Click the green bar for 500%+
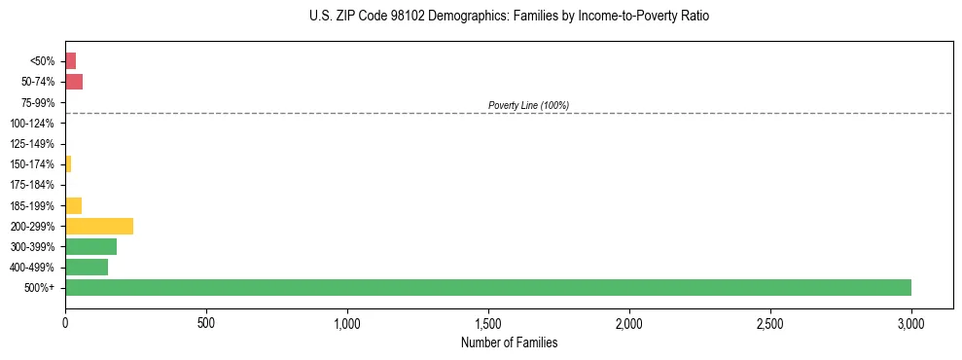pyautogui.click(x=487, y=287)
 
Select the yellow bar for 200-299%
pyautogui.click(x=99, y=226)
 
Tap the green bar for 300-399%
pyautogui.click(x=90, y=246)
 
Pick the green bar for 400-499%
pyautogui.click(x=87, y=267)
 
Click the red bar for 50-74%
pyautogui.click(x=74, y=82)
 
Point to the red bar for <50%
pyautogui.click(x=70, y=61)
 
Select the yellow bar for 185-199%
pyautogui.click(x=73, y=205)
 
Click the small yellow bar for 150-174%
pyautogui.click(x=68, y=164)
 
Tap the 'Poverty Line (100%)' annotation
pyautogui.click(x=528, y=105)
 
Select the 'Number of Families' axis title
pyautogui.click(x=509, y=342)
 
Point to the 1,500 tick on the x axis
pyautogui.click(x=488, y=321)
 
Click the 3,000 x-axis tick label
pyautogui.click(x=911, y=321)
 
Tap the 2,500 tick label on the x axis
pyautogui.click(x=770, y=321)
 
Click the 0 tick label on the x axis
pyautogui.click(x=65, y=321)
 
